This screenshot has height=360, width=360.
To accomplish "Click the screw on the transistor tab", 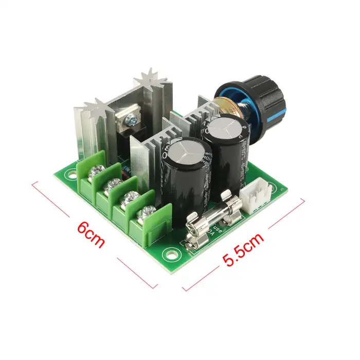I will point(131,119).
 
